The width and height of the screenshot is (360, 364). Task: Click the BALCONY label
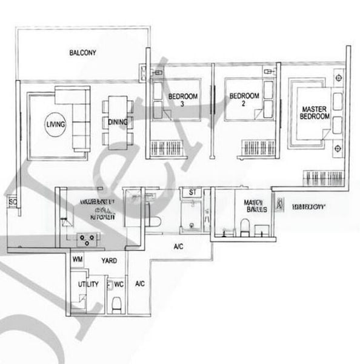click(x=82, y=53)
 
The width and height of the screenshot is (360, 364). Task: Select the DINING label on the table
click(x=118, y=122)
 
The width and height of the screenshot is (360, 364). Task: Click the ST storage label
click(x=193, y=192)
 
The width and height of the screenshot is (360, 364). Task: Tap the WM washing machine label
click(x=78, y=259)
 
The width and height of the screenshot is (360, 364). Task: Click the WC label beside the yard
click(x=119, y=284)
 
